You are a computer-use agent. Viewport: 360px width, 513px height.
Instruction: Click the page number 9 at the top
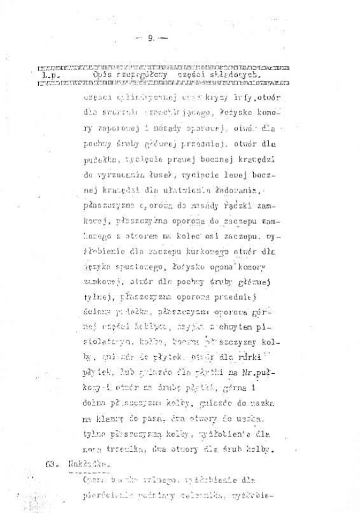(x=151, y=39)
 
